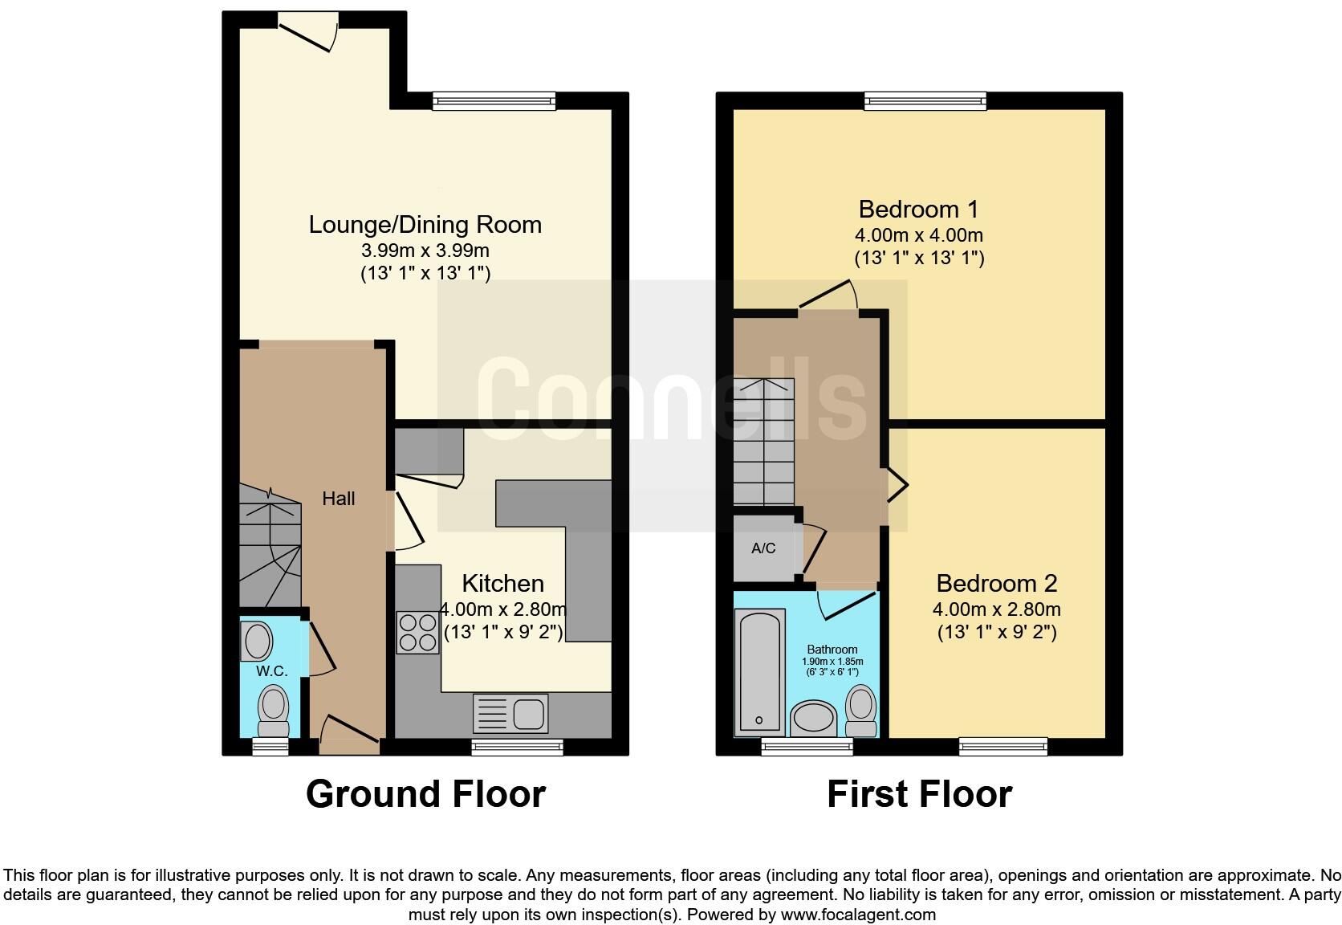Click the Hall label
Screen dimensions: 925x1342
pyautogui.click(x=338, y=499)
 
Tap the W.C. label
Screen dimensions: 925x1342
pyautogui.click(x=271, y=670)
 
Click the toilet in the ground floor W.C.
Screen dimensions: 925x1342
pyautogui.click(x=273, y=710)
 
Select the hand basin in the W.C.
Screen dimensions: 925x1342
pyautogui.click(x=257, y=642)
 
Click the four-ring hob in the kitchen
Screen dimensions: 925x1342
pyautogui.click(x=417, y=632)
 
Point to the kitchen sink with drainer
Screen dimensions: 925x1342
pyautogui.click(x=510, y=713)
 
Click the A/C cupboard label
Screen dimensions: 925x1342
pyautogui.click(x=763, y=548)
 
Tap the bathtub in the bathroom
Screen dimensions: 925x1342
pyautogui.click(x=760, y=670)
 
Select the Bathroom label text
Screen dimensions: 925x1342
pyautogui.click(x=832, y=650)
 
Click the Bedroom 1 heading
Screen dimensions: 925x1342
pyautogui.click(x=918, y=210)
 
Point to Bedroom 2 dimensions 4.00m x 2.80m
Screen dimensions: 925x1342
pyautogui.click(x=996, y=609)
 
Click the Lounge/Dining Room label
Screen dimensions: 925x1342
pyautogui.click(x=425, y=225)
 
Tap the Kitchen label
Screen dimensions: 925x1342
pyautogui.click(x=502, y=584)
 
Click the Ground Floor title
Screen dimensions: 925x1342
pyautogui.click(x=425, y=794)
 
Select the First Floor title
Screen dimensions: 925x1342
pyautogui.click(x=919, y=794)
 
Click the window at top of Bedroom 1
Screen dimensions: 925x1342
pyautogui.click(x=925, y=100)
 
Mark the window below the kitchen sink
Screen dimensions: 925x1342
pyautogui.click(x=517, y=748)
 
